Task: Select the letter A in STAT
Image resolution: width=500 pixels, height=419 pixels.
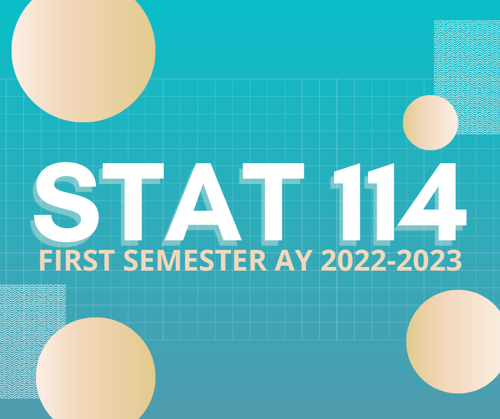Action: pyautogui.click(x=203, y=202)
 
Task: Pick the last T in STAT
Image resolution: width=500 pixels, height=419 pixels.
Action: pyautogui.click(x=273, y=202)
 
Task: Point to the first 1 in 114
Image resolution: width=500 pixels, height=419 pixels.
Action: pyautogui.click(x=349, y=202)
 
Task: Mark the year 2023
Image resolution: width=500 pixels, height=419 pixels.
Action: pyautogui.click(x=429, y=261)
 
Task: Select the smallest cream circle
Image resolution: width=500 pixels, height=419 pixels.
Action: pyautogui.click(x=430, y=122)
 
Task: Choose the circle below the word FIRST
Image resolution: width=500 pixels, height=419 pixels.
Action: pyautogui.click(x=96, y=368)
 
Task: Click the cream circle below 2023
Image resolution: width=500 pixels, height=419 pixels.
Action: pyautogui.click(x=453, y=341)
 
